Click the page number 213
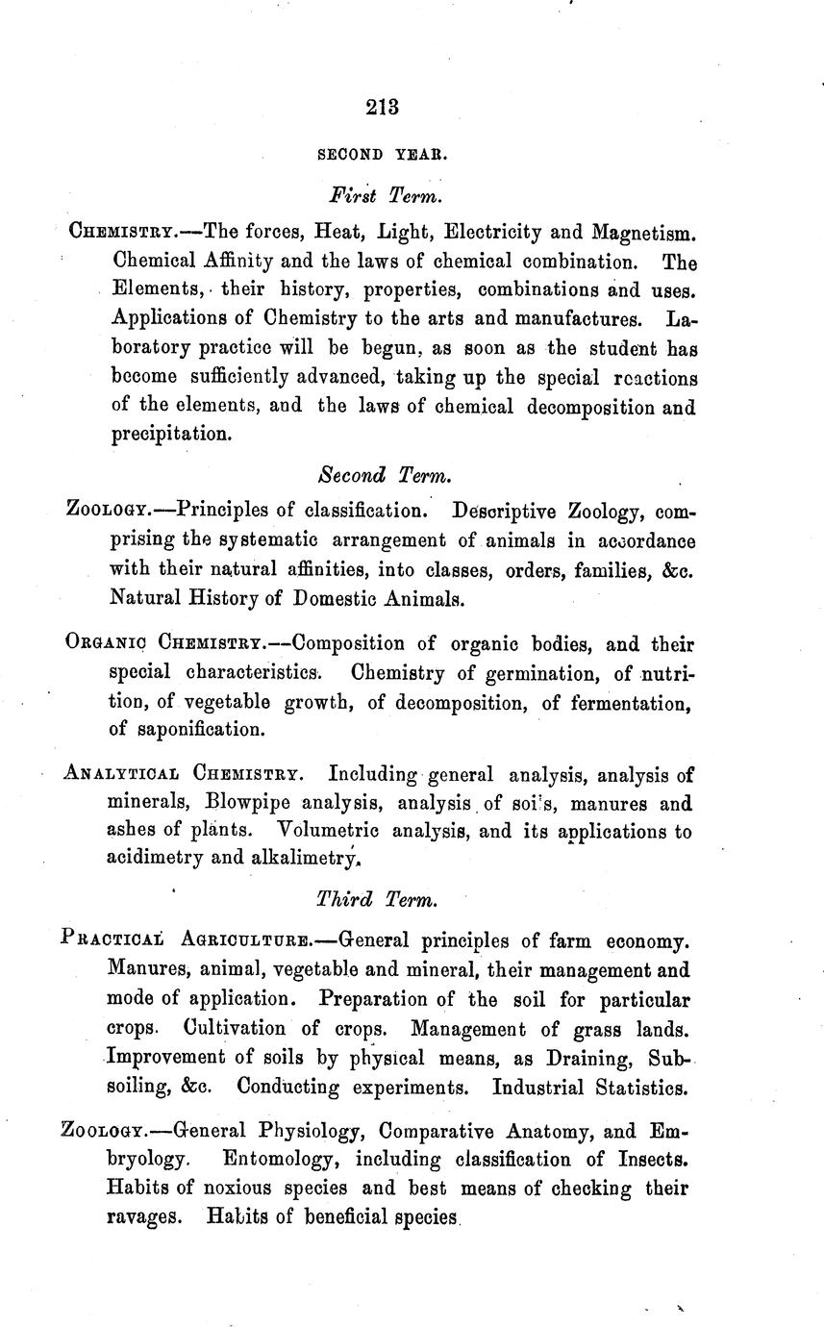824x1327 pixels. pos(382,107)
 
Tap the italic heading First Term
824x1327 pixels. pos(385,196)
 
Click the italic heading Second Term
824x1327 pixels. pos(383,475)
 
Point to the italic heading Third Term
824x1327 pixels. pos(377,900)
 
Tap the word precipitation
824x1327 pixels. pos(170,434)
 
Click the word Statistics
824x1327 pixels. pos(637,1089)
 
